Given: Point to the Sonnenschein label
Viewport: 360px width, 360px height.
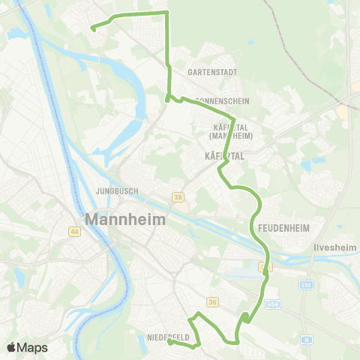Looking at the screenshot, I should click(x=221, y=100).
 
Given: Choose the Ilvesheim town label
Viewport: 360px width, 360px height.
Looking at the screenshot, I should click(x=332, y=245).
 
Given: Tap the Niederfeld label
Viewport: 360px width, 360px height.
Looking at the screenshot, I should click(x=168, y=337).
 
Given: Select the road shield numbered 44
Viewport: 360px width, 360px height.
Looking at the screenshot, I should click(x=74, y=232).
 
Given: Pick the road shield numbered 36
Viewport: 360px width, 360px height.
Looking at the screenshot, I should click(x=212, y=302).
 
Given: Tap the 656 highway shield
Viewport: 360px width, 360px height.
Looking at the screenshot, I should click(x=274, y=304).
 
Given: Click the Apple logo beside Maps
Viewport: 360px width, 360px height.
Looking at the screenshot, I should click(x=12, y=347).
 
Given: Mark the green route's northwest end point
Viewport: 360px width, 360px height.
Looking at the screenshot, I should click(x=93, y=28).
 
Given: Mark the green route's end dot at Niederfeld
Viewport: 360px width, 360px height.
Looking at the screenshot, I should click(x=169, y=343).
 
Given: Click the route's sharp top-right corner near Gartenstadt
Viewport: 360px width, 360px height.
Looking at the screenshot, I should click(x=166, y=13).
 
